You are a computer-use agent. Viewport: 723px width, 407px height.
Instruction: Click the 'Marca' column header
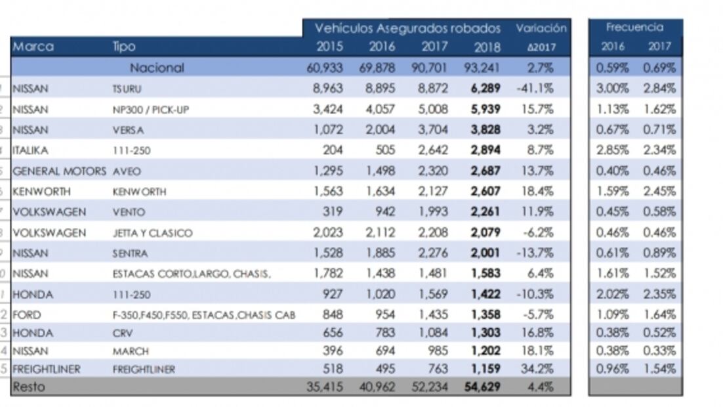(x=33, y=47)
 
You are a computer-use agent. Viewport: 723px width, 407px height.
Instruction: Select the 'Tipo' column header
(x=124, y=47)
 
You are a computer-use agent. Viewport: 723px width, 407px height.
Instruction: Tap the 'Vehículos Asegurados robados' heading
(x=407, y=28)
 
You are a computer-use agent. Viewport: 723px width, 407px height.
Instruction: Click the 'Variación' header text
(x=541, y=28)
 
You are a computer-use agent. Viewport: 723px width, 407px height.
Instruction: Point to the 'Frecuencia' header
(x=634, y=28)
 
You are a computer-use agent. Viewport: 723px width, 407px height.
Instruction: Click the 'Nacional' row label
(x=157, y=68)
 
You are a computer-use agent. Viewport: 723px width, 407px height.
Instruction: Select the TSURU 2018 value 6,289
(x=485, y=88)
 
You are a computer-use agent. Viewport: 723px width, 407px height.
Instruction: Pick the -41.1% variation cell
(x=536, y=88)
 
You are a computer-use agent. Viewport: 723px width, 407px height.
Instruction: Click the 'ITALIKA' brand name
(x=30, y=150)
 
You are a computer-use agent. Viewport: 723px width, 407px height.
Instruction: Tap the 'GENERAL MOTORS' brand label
(x=59, y=171)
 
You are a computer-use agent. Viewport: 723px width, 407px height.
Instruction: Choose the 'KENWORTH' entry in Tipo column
(x=139, y=192)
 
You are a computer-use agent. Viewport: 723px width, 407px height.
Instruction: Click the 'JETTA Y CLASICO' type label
(x=152, y=233)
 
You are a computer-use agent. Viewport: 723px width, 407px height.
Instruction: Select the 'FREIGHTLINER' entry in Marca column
(x=46, y=369)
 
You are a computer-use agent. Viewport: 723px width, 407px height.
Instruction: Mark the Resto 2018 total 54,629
(x=482, y=387)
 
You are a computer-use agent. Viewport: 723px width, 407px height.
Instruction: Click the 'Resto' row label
(x=29, y=387)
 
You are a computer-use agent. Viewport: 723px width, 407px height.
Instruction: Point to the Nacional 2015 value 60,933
(x=325, y=68)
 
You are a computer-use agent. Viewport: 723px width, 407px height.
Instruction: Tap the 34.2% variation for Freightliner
(x=539, y=369)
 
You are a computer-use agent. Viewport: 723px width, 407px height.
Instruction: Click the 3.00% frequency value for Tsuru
(x=613, y=88)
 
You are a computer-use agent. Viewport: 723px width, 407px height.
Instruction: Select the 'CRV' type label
(x=122, y=333)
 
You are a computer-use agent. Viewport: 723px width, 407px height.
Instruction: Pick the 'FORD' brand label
(x=26, y=314)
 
